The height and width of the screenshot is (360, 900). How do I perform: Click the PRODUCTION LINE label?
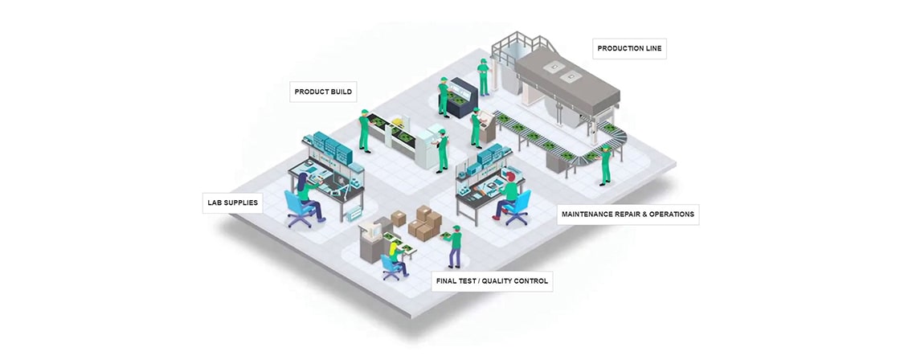tap(631, 49)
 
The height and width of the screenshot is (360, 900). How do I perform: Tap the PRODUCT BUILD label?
tap(323, 92)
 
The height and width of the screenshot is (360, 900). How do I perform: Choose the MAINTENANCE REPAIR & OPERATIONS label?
tap(628, 215)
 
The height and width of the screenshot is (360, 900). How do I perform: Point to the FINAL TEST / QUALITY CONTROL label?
tap(492, 280)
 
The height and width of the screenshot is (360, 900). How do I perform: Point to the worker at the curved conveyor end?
tap(605, 164)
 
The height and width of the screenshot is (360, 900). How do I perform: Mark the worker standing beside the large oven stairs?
tap(483, 77)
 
